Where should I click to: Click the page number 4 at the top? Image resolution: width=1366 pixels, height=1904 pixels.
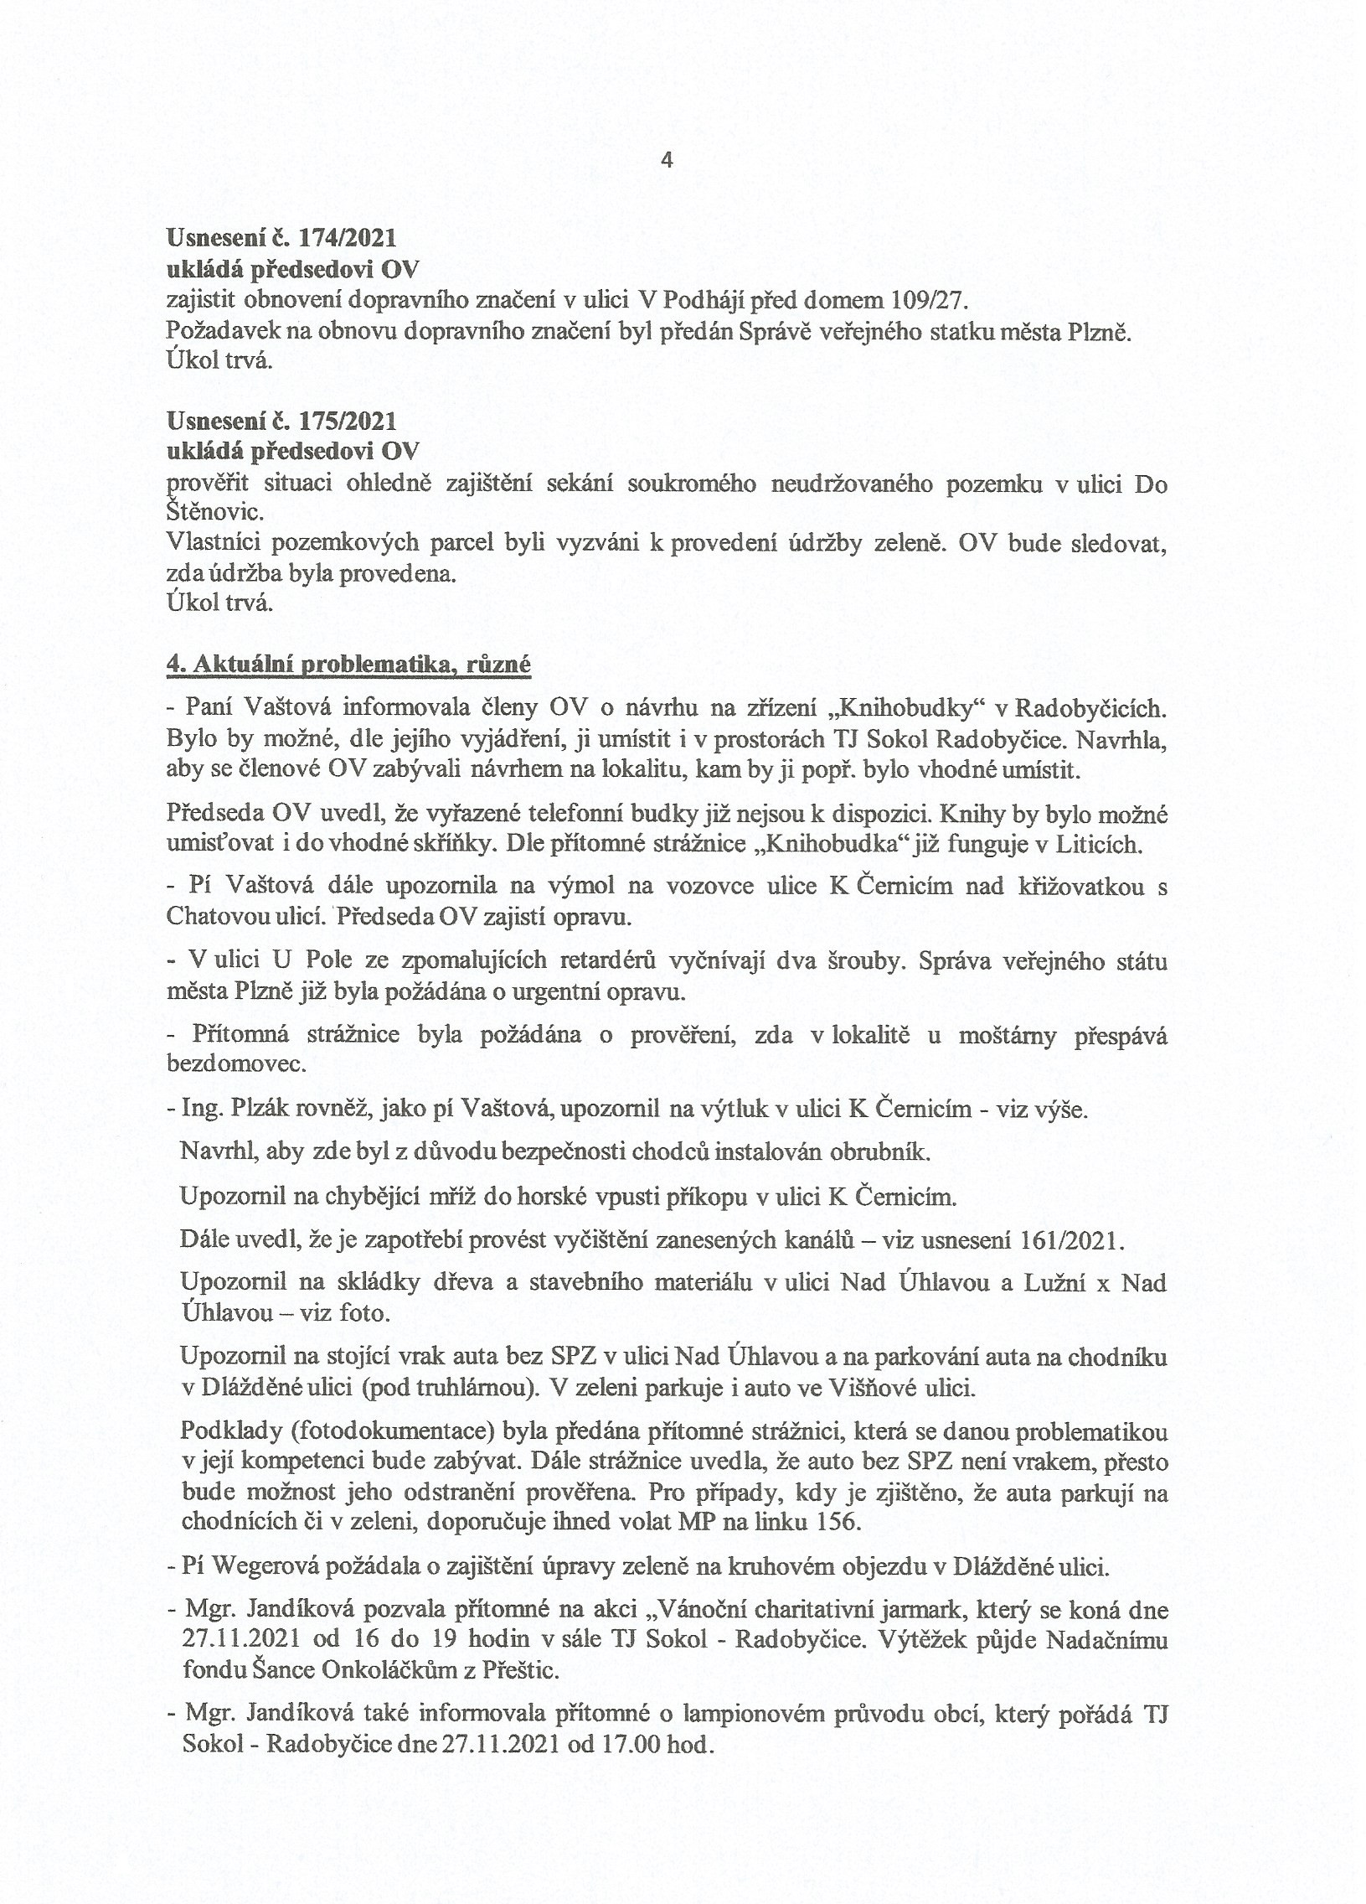[667, 160]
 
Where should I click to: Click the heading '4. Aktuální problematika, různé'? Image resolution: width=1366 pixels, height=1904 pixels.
[349, 663]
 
